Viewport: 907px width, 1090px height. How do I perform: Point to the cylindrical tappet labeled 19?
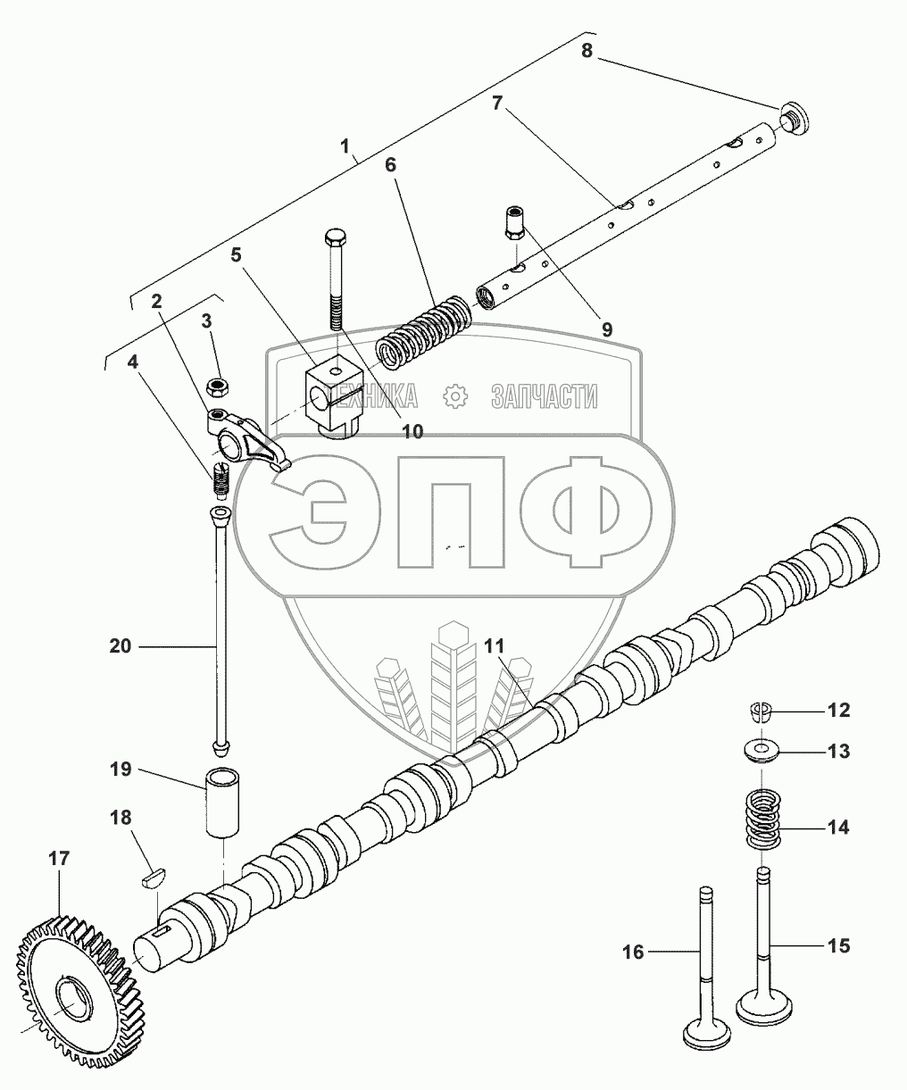click(x=224, y=802)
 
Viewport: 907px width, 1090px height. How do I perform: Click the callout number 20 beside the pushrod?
click(x=121, y=645)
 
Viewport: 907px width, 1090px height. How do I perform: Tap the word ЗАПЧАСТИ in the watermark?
click(x=544, y=396)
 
